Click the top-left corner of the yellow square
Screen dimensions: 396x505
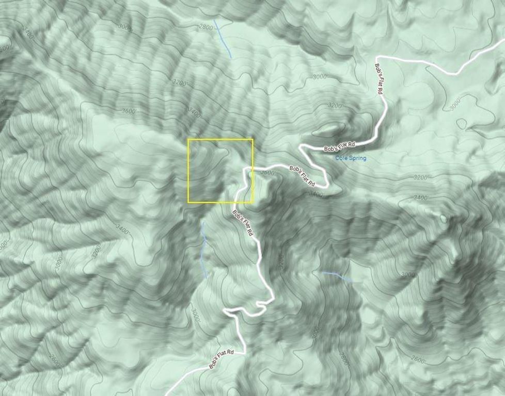pos(188,139)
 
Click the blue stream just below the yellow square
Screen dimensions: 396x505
pos(204,247)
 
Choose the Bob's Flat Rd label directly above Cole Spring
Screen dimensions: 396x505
pos(341,145)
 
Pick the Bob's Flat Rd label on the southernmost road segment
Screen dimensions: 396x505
pos(222,359)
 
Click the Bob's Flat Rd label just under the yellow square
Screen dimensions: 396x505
pos(243,223)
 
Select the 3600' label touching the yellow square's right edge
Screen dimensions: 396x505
pos(269,174)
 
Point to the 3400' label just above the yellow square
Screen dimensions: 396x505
pos(195,111)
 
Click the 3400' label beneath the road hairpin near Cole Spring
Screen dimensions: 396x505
pos(315,195)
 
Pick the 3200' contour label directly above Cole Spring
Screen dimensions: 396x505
pos(336,105)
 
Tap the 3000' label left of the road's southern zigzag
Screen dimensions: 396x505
pos(195,315)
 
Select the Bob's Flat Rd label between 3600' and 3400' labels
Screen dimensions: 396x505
pos(303,176)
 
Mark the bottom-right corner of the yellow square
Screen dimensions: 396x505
pos(253,202)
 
